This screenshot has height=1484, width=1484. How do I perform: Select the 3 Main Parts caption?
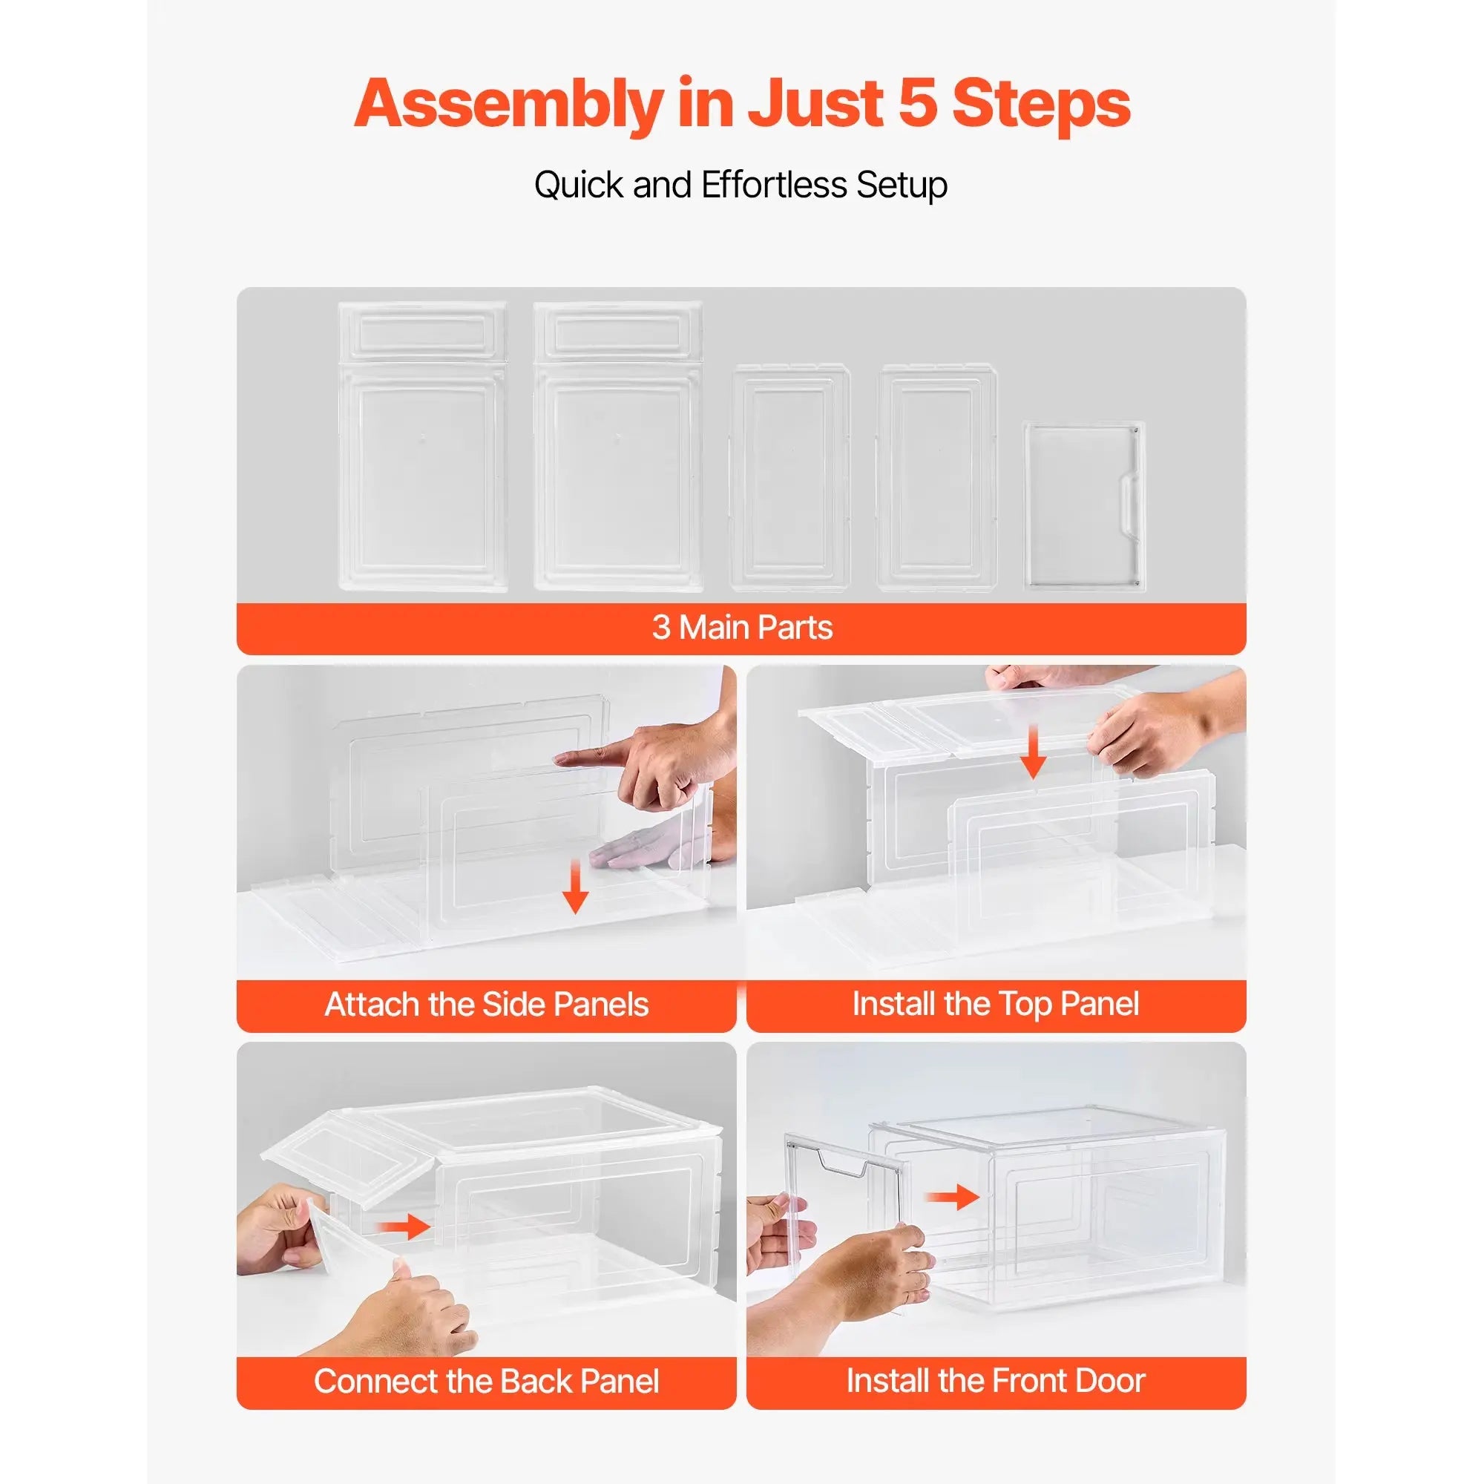coord(741,628)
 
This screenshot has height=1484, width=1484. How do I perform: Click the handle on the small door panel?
coord(1131,502)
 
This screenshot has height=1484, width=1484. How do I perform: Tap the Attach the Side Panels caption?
coord(486,1005)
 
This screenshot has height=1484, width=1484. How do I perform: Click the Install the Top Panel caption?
coord(996,1004)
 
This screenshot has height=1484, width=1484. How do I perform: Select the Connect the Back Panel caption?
coord(486,1381)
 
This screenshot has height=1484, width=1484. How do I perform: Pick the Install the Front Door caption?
coord(996,1380)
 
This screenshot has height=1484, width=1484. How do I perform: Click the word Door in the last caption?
coord(1110,1380)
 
